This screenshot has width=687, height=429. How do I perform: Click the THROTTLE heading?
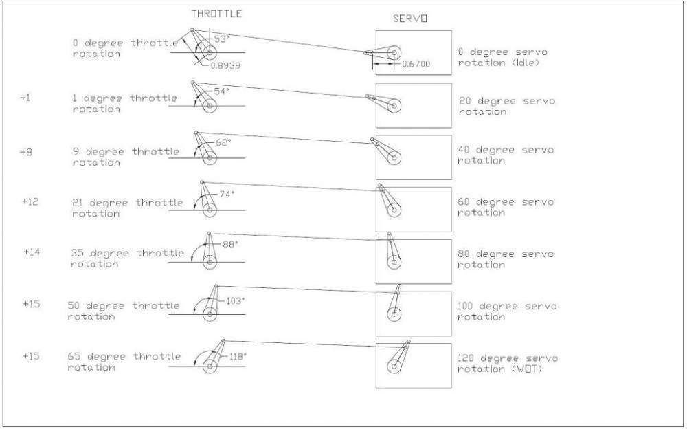pos(216,14)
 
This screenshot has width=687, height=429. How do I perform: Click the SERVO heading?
pos(410,19)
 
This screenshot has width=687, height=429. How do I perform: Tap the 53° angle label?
pos(222,38)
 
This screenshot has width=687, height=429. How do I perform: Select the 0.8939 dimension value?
pos(225,66)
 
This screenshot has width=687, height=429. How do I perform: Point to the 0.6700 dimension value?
pos(416,64)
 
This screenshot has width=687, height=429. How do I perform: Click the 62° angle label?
pos(223,142)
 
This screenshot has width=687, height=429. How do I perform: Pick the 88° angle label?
pos(230,244)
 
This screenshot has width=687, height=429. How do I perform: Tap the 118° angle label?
pos(238,357)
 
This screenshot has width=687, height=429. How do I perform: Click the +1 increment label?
pos(25,98)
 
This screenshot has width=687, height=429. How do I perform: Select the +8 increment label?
pos(26,152)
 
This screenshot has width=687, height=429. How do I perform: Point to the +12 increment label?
pos(30,201)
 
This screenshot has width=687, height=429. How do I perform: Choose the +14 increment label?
pos(32,252)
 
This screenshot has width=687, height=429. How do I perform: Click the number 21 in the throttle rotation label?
pos(78,203)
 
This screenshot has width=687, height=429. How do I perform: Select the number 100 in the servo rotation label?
pos(466,306)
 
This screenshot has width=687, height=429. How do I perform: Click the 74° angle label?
pos(227,194)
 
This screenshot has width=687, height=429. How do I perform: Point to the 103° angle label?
pos(235,301)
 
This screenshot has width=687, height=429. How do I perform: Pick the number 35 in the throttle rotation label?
pos(78,254)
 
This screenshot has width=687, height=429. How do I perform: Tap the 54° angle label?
pos(222,91)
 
